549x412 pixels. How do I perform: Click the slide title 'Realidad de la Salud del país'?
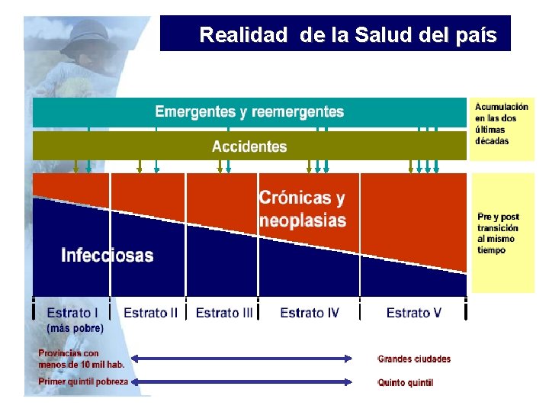pyautogui.click(x=347, y=35)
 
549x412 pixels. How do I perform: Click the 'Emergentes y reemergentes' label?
pyautogui.click(x=249, y=112)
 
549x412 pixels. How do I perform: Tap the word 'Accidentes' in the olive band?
pyautogui.click(x=249, y=146)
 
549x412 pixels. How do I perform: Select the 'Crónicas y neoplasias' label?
pyautogui.click(x=302, y=209)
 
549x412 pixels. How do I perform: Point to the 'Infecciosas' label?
pyautogui.click(x=107, y=255)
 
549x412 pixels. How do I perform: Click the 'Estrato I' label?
pyautogui.click(x=72, y=313)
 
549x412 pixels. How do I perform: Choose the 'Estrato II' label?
pyautogui.click(x=150, y=313)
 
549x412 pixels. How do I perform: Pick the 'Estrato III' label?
pyautogui.click(x=224, y=313)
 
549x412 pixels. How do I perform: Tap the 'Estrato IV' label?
pyautogui.click(x=310, y=313)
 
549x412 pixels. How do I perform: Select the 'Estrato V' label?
pyautogui.click(x=413, y=313)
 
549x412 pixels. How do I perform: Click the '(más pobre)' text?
pyautogui.click(x=75, y=328)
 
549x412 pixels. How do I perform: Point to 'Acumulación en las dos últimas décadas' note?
pyautogui.click(x=502, y=124)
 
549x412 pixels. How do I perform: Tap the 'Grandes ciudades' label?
pyautogui.click(x=414, y=359)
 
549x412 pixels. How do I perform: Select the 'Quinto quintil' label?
pyautogui.click(x=406, y=382)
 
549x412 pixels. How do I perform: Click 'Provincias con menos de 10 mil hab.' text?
pyautogui.click(x=81, y=359)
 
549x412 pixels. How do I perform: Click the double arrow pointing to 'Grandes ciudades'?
pyautogui.click(x=242, y=358)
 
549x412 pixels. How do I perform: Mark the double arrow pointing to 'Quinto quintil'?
pyautogui.click(x=242, y=381)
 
